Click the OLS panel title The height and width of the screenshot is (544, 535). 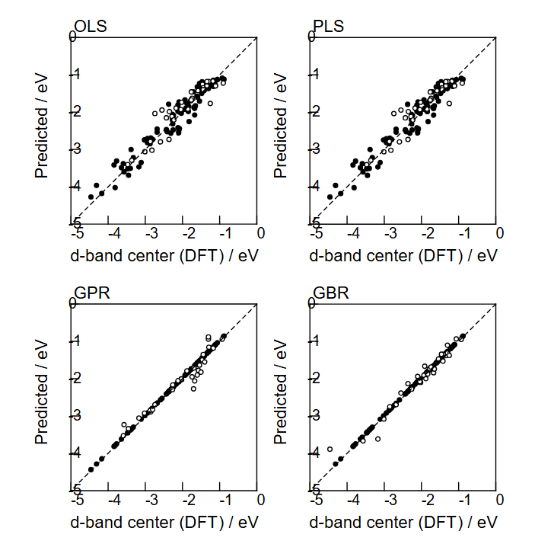tap(91, 27)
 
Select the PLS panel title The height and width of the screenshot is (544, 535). tap(329, 27)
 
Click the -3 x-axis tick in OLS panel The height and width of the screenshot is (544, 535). tap(150, 233)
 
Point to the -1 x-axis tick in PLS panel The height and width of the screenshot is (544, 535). tap(461, 233)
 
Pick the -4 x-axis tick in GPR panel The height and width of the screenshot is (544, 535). tap(113, 501)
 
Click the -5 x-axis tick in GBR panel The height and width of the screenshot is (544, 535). tap(314, 501)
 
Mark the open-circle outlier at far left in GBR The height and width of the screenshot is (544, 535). tap(330, 450)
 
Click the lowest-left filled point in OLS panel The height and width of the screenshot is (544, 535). tap(91, 197)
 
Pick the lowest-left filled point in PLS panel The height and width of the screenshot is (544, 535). tap(330, 197)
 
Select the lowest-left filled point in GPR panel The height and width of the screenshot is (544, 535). tap(91, 469)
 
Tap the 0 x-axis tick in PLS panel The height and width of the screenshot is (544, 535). tap(498, 233)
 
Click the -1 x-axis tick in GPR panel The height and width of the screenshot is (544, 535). tap(224, 501)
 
